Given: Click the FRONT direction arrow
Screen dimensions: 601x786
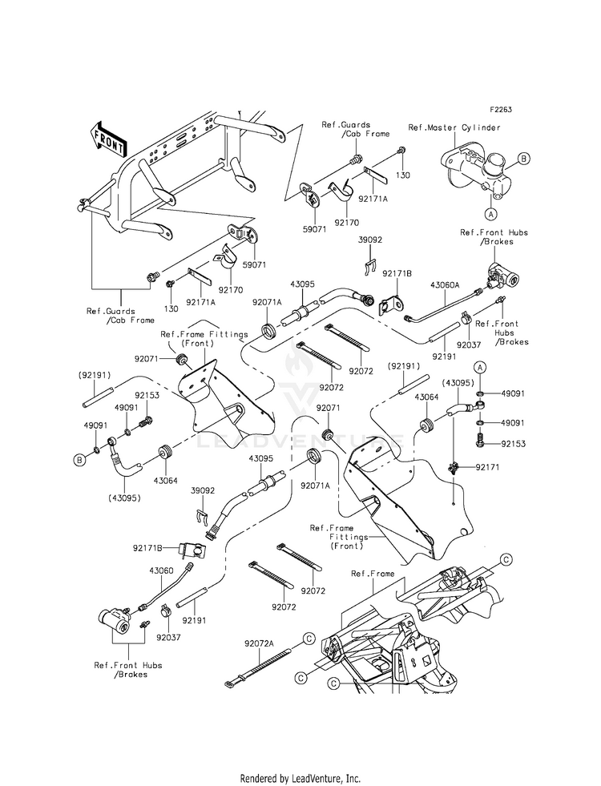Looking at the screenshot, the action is tap(107, 139).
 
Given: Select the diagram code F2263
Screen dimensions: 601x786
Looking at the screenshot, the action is tap(501, 110).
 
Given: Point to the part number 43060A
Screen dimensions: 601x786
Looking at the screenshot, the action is tap(445, 284).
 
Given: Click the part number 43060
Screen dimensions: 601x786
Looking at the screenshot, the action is tap(161, 570).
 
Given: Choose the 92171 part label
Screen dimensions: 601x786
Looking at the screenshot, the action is tap(474, 467).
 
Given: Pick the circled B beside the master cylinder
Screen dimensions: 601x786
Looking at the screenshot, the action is tap(522, 159).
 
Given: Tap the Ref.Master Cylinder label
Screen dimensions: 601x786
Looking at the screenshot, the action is tap(454, 127).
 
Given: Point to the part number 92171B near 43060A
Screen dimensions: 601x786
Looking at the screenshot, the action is tap(397, 274).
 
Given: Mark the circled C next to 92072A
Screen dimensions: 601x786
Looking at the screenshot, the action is tap(309, 638).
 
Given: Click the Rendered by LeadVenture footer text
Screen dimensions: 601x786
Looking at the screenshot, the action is tap(300, 779).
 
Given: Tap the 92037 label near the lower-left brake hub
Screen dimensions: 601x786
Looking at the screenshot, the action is tap(168, 638).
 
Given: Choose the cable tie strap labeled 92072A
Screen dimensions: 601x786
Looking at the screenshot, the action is tap(258, 667).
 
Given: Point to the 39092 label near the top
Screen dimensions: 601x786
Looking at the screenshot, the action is tap(370, 240).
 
